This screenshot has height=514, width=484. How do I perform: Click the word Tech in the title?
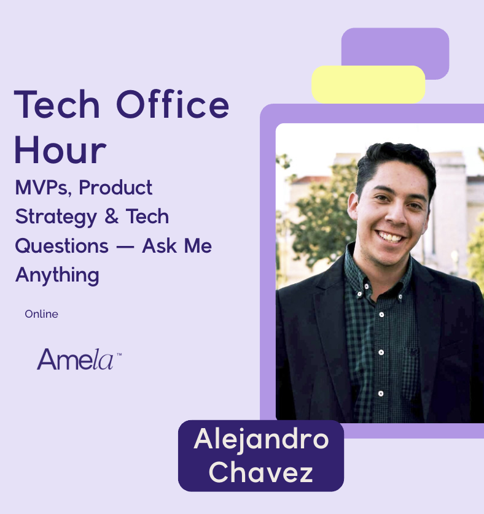point(57,104)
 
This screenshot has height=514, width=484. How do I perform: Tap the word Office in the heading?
point(173,104)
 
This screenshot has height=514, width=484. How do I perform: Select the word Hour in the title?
point(60,150)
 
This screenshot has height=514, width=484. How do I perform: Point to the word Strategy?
point(56,217)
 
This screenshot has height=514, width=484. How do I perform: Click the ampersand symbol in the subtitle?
point(112,217)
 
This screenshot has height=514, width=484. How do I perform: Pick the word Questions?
point(62,246)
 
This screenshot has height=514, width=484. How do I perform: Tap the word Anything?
point(57,275)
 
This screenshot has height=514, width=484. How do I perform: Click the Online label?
point(41,314)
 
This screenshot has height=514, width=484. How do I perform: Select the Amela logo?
point(79,359)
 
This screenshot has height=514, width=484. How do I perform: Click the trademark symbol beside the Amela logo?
point(119,355)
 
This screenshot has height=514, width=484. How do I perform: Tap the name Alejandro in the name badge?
point(261,440)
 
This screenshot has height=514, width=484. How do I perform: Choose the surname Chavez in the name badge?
point(260,472)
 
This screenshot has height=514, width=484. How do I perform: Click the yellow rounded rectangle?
point(369,85)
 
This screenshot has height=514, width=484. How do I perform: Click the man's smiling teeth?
point(390,237)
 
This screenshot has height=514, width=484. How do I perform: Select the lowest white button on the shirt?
point(381,393)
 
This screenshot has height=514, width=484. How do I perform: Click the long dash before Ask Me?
point(125,247)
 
